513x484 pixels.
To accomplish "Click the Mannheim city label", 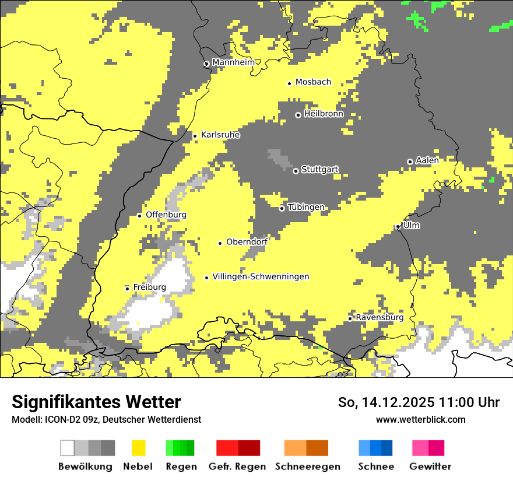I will point(233,62).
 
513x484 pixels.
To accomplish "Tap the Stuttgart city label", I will point(319,170).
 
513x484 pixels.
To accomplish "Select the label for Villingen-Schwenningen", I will point(261,276).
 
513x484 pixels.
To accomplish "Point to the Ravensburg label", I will point(380,317).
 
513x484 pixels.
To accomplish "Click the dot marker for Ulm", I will point(398,227).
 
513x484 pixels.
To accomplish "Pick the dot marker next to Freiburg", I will point(127,288).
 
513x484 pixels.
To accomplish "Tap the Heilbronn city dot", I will point(298,115).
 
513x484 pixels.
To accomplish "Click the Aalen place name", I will point(427,160).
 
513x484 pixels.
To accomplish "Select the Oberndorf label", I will point(247,241).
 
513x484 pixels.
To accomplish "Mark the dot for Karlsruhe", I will point(195,136).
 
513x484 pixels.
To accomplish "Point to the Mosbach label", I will point(313,82).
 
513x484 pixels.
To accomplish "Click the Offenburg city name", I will point(166,215).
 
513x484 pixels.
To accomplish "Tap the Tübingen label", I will point(306,207).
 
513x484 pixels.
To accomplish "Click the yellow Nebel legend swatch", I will point(139,448).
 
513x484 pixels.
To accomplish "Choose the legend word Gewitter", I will point(430,467).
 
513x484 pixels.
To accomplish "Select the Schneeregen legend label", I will point(307,467).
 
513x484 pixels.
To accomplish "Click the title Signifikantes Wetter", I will point(96,402).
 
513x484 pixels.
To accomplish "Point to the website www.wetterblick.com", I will point(420,419).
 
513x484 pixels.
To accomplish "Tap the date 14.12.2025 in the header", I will point(389,402).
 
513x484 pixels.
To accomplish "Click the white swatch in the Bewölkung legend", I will point(68,448).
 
